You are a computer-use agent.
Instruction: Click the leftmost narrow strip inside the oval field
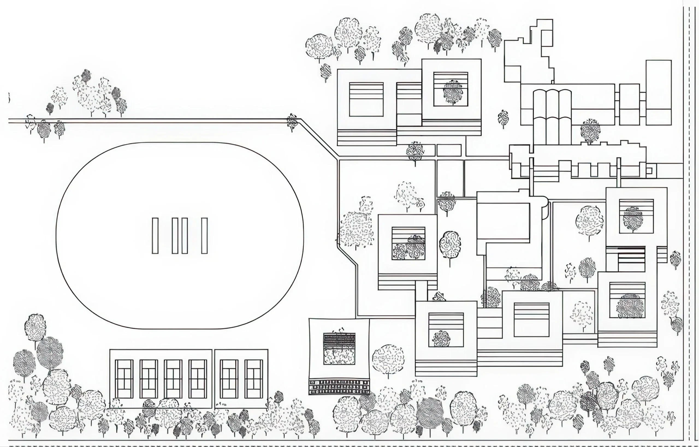pyautogui.click(x=155, y=236)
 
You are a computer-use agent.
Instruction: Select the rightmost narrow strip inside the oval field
pyautogui.click(x=205, y=236)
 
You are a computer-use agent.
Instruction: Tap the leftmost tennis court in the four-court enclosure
pyautogui.click(x=124, y=379)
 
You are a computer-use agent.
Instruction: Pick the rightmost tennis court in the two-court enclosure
pyautogui.click(x=253, y=379)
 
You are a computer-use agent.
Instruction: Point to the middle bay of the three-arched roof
pyautogui.click(x=552, y=116)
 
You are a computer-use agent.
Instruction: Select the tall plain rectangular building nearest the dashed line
pyautogui.click(x=658, y=92)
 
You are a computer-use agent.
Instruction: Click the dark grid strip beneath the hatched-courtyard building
pyautogui.click(x=339, y=387)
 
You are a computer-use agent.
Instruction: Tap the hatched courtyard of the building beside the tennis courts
pyautogui.click(x=339, y=348)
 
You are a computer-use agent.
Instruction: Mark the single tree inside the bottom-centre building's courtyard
pyautogui.click(x=441, y=339)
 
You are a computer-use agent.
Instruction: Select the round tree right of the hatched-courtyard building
pyautogui.click(x=388, y=359)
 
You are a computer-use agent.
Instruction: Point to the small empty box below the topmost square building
pyautogui.click(x=449, y=150)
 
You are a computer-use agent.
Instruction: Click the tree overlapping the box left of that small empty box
pyautogui.click(x=415, y=151)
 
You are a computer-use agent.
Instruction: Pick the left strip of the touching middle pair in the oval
pyautogui.click(x=175, y=236)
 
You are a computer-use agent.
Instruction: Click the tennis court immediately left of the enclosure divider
pyautogui.click(x=198, y=379)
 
